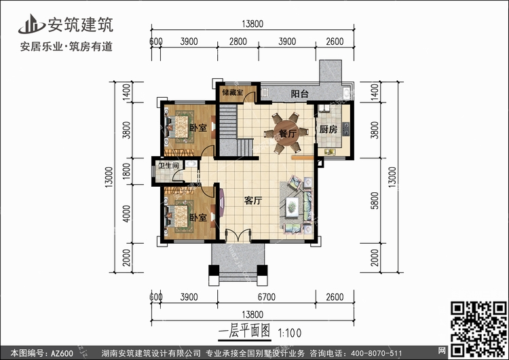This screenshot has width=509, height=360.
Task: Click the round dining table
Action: coord(287,132)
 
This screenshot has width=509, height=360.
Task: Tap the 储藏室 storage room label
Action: coord(232,92)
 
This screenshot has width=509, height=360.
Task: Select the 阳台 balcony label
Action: coord(299,94)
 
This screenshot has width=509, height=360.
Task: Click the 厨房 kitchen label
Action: coord(328,129)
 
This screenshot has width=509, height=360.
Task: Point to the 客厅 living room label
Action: coord(253,201)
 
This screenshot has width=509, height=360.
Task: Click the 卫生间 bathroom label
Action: coord(168,166)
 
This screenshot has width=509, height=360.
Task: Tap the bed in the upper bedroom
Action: coord(180,127)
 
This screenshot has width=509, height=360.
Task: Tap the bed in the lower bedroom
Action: coord(180,216)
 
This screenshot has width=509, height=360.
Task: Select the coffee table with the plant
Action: coord(292,206)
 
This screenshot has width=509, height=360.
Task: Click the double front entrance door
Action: coord(238,235)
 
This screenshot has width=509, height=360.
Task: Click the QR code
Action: coord(478,329)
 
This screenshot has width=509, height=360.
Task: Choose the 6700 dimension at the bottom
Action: coord(267,297)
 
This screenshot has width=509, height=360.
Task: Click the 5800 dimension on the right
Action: coord(375,200)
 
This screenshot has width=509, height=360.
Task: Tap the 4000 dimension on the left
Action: coord(126,213)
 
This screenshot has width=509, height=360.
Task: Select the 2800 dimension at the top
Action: coord(238,41)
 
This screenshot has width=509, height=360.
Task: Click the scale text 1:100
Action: coord(290,333)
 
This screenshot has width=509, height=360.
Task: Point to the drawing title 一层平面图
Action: coord(244,331)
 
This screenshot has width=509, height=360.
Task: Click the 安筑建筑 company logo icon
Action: coord(31,24)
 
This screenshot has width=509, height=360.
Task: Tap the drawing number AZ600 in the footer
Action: coord(62,353)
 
